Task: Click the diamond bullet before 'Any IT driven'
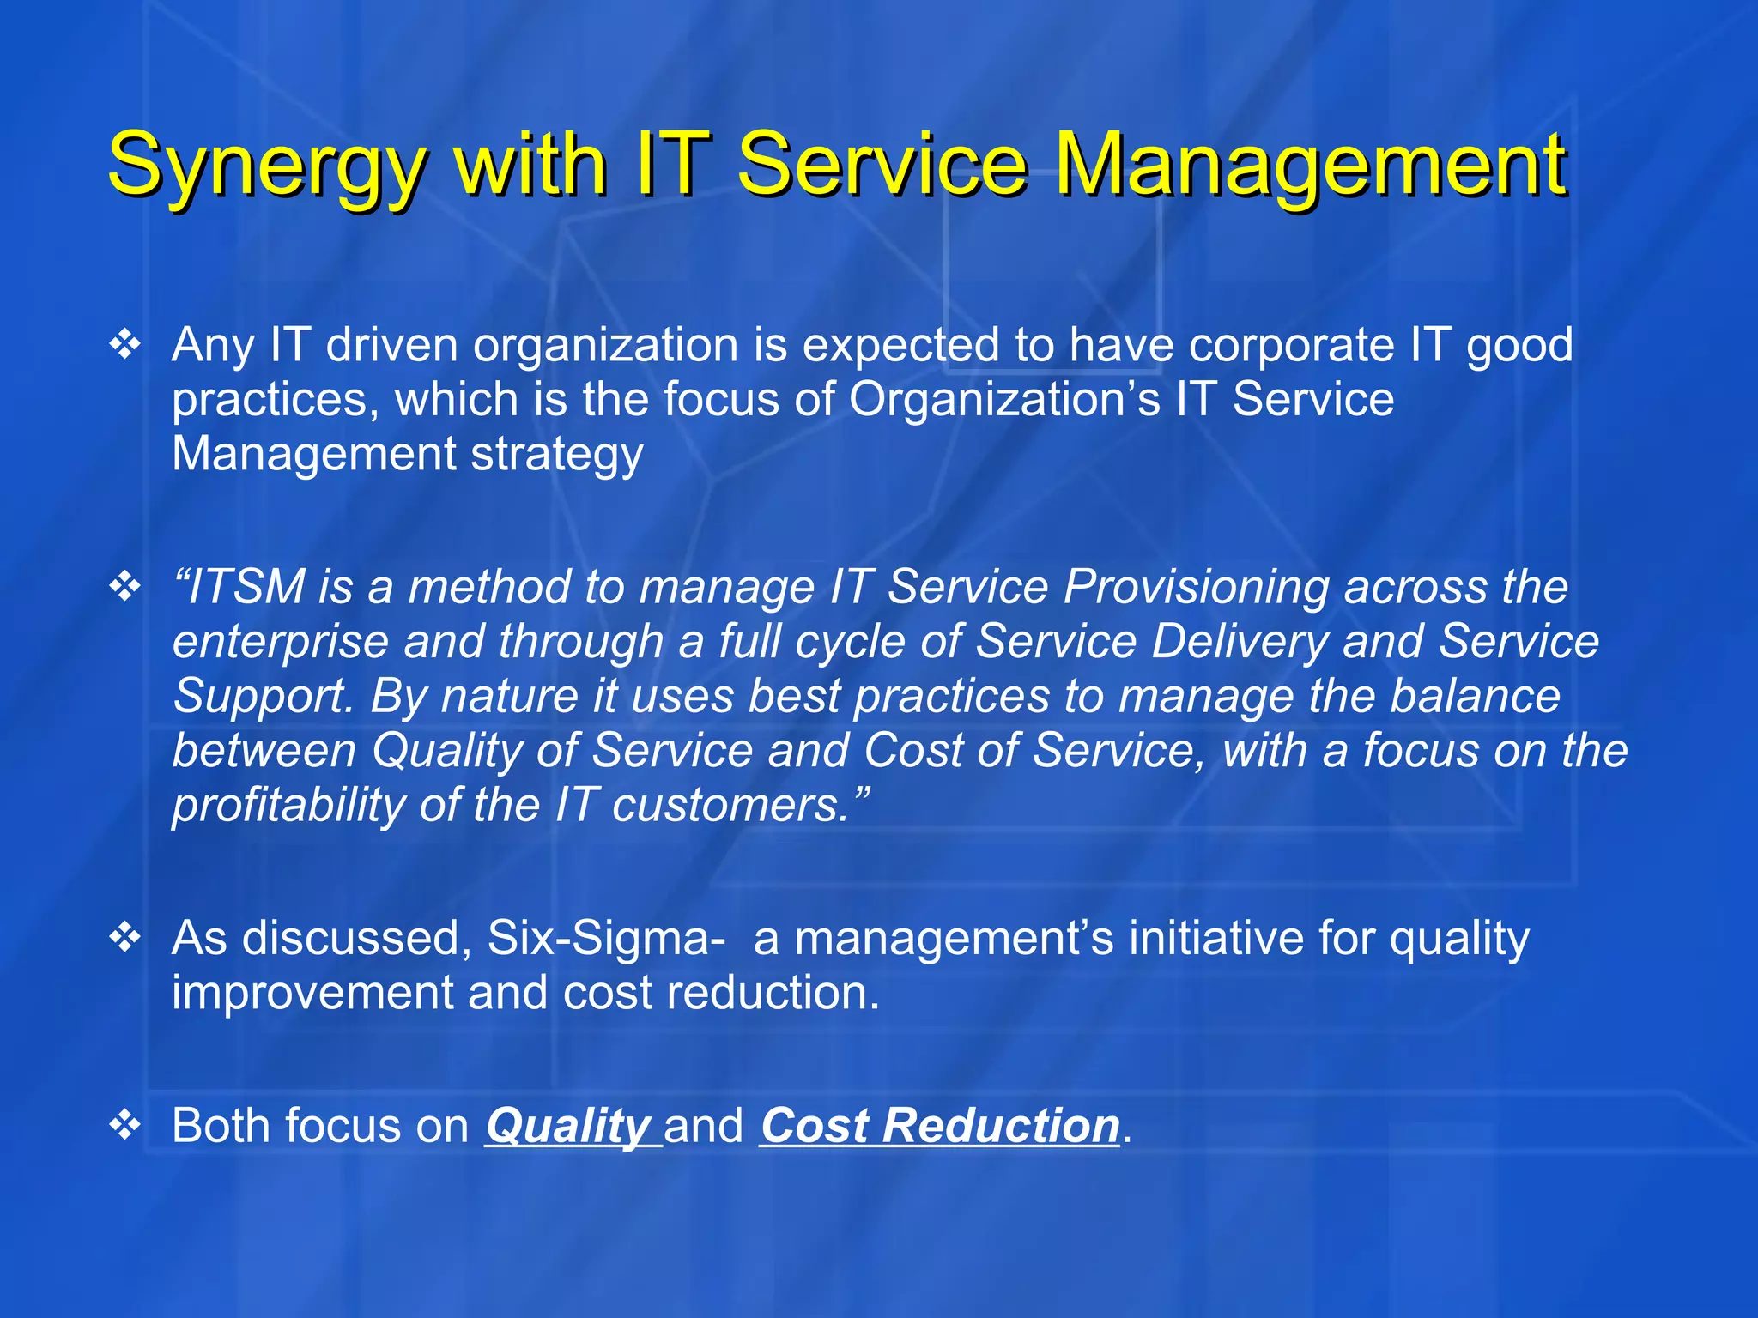tap(125, 344)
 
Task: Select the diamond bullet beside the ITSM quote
tap(125, 587)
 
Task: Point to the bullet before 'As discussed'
tap(125, 937)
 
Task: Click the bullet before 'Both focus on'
tap(125, 1124)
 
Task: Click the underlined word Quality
tap(568, 1126)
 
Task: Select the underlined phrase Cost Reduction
tap(940, 1126)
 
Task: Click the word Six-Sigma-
tap(606, 938)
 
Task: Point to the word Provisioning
tap(1196, 588)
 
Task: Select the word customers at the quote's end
tap(730, 806)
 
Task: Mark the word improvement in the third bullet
tap(311, 993)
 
